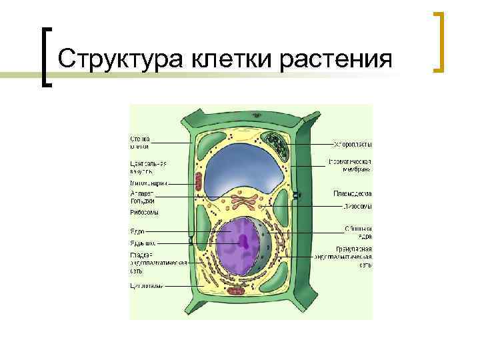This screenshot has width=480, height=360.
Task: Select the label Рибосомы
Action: tap(144, 212)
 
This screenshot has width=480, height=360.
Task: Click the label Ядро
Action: tap(137, 231)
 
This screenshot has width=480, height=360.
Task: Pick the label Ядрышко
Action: tap(142, 243)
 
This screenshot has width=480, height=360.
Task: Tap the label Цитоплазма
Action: tap(146, 286)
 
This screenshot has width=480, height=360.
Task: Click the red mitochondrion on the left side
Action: tap(198, 180)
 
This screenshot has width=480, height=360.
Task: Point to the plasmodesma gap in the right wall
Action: tap(298, 195)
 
